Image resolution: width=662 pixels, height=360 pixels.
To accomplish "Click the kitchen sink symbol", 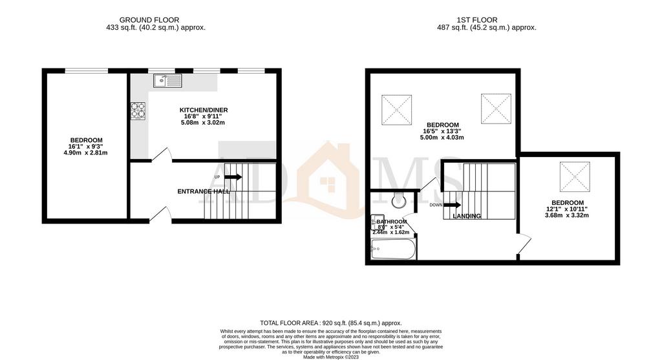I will (x=167, y=81).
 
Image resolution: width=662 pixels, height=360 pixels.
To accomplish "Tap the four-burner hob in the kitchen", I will (x=138, y=111).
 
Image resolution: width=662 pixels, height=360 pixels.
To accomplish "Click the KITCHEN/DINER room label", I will (x=204, y=111).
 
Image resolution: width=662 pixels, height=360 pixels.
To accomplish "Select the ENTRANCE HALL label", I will (x=204, y=191).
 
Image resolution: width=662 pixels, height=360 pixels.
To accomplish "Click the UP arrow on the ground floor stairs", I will (x=233, y=176).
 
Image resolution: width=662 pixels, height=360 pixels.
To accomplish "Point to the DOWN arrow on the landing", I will (x=453, y=205).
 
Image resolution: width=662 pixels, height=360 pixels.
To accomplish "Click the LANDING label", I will (x=467, y=216).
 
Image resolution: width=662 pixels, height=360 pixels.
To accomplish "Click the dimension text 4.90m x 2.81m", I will (x=85, y=153).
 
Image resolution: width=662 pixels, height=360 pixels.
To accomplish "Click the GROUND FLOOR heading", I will (x=149, y=20).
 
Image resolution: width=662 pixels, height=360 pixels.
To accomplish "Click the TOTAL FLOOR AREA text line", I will (x=330, y=323).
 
